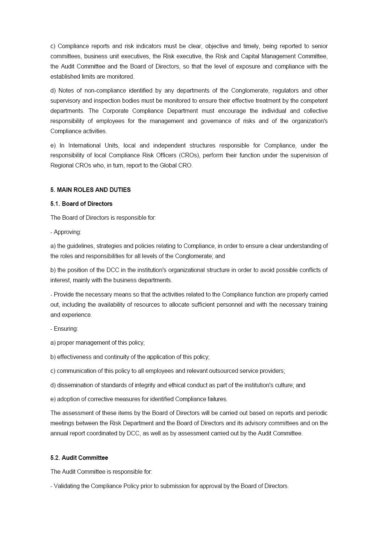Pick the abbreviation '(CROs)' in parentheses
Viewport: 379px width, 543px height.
[189, 155]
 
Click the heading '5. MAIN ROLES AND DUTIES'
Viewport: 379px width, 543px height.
[91, 190]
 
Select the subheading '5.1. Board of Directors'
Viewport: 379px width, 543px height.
[82, 204]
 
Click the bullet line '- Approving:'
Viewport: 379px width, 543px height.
[66, 232]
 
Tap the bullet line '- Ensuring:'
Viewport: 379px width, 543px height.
[64, 329]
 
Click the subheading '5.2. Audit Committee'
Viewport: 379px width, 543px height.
[79, 458]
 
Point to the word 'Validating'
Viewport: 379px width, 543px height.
[67, 486]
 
